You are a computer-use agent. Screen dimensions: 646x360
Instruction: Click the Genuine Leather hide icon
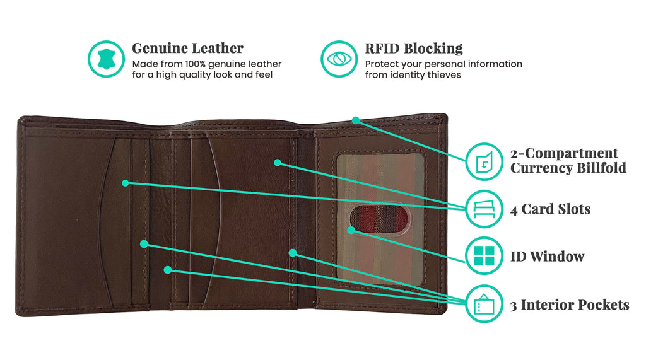(106, 59)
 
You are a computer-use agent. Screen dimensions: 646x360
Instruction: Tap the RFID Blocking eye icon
(339, 59)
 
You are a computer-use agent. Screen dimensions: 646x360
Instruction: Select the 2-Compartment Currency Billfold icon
(484, 161)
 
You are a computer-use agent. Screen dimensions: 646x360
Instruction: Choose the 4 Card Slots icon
(484, 209)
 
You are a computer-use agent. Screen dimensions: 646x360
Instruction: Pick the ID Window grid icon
(484, 256)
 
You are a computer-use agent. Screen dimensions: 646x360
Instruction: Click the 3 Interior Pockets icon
(484, 303)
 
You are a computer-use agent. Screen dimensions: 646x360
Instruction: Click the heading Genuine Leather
(187, 48)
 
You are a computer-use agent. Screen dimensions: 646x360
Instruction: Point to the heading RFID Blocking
(414, 48)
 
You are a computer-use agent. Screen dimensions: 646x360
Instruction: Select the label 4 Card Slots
(550, 209)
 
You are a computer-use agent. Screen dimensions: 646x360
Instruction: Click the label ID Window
(547, 257)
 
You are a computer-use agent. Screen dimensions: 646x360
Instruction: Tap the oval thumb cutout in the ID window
(380, 219)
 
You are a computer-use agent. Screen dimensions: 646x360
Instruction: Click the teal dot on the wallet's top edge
(356, 120)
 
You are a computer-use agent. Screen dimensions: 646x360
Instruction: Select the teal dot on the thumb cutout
(351, 230)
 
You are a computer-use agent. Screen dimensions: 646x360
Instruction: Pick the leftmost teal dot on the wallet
(126, 183)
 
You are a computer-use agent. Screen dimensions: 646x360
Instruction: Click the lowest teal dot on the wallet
(168, 270)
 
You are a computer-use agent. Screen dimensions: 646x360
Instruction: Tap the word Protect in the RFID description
(380, 64)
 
